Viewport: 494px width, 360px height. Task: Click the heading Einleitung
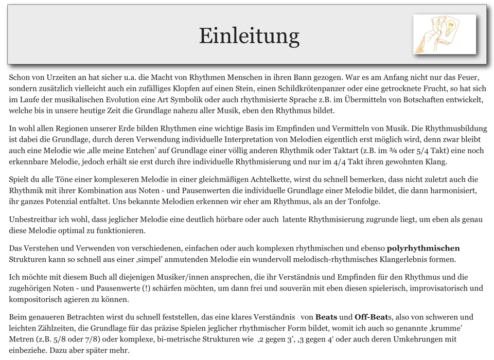click(249, 36)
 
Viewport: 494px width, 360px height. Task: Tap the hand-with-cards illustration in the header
click(445, 34)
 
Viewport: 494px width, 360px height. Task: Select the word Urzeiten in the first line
click(65, 78)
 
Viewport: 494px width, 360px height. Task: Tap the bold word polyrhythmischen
click(424, 248)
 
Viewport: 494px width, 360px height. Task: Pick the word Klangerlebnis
click(398, 259)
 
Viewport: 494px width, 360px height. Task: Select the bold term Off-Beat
click(372, 317)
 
